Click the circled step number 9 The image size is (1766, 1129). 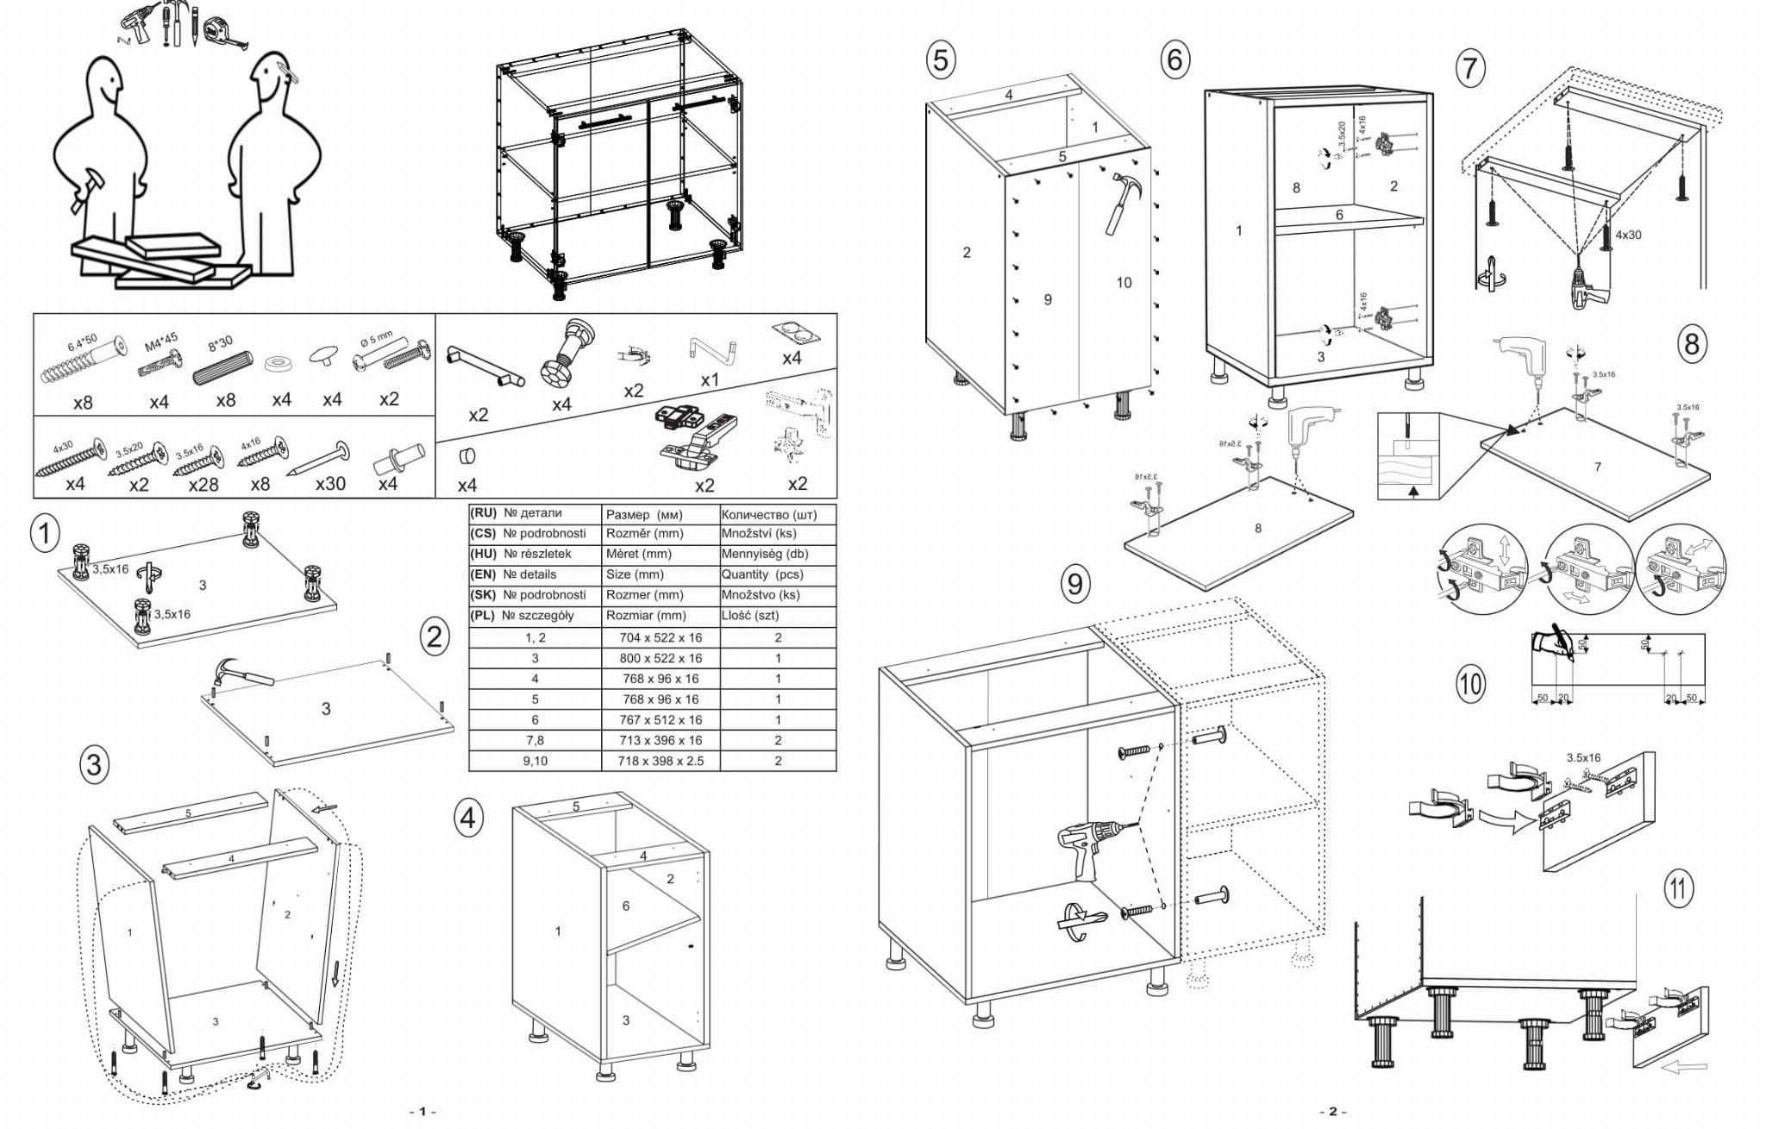coord(1074,584)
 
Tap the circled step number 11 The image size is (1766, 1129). coord(1677,888)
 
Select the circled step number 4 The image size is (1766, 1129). coord(467,817)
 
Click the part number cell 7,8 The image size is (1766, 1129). coord(535,740)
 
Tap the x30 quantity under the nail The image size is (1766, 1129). coord(330,483)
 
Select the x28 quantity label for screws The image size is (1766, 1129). coord(204,484)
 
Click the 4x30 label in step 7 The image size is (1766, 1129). coord(1628,235)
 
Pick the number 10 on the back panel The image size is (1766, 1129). coord(1123,283)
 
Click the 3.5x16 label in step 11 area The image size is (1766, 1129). coord(1583,758)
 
